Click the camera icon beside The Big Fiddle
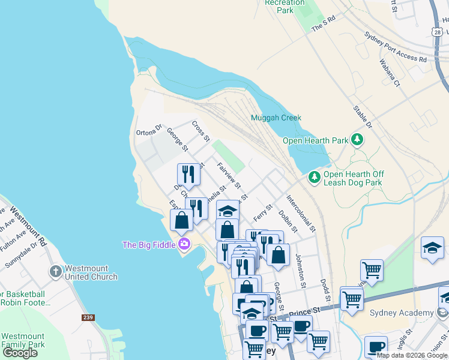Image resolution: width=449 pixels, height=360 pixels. pyautogui.click(x=184, y=244)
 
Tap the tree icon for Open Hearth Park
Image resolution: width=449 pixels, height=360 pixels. pyautogui.click(x=357, y=140)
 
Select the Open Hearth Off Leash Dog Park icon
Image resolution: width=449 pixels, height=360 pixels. pyautogui.click(x=315, y=178)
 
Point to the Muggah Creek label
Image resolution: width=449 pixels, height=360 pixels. pyautogui.click(x=276, y=118)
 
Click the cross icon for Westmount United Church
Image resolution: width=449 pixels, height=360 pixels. pyautogui.click(x=56, y=271)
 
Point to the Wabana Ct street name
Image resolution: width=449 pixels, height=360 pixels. pyautogui.click(x=390, y=73)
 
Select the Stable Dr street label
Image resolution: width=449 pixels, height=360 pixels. pyautogui.click(x=363, y=118)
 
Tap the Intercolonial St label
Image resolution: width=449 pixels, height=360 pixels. pyautogui.click(x=300, y=212)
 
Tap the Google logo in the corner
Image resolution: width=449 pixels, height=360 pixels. pyautogui.click(x=20, y=352)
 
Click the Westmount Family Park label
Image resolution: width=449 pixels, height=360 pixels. pyautogui.click(x=23, y=340)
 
